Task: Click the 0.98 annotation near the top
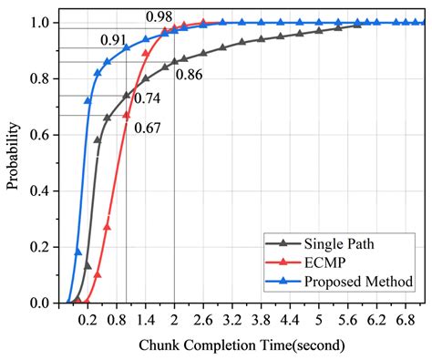(160, 16)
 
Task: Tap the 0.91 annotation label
(114, 39)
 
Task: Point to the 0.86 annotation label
(189, 74)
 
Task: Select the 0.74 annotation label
(147, 98)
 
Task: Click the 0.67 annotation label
(147, 127)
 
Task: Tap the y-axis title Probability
(13, 162)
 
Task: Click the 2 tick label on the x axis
(174, 320)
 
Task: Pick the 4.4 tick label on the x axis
(289, 320)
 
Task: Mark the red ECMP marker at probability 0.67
(127, 115)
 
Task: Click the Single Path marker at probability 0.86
(174, 62)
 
